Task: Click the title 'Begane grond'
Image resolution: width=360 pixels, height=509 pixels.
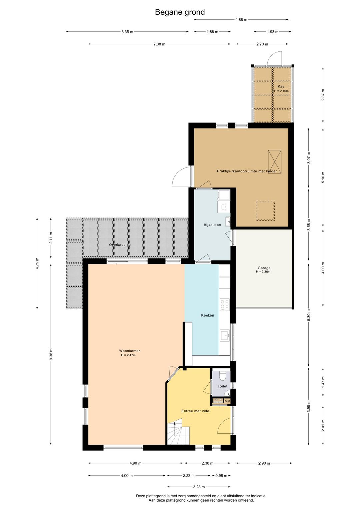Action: pos(180,12)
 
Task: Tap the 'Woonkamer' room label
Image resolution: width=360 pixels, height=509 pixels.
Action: pos(129,351)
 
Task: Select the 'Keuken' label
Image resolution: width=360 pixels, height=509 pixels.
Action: pos(207,315)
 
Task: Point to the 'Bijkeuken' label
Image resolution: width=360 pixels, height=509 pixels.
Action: pos(212,225)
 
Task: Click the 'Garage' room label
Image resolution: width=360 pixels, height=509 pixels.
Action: pos(264,268)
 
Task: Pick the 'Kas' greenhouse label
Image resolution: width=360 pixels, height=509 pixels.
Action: pos(281,86)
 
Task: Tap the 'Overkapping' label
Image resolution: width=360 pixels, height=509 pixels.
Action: pos(120,245)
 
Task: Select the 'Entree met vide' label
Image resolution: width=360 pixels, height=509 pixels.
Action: pos(195,411)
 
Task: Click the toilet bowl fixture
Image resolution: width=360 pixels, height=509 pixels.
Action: pos(223,375)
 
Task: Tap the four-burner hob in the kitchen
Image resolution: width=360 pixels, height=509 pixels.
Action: pos(225,305)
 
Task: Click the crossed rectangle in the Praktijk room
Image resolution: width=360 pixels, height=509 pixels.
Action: pos(275,161)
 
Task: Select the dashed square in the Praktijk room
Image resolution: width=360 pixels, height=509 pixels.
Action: pos(265,210)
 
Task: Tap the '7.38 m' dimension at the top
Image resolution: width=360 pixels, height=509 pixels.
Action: pos(159,44)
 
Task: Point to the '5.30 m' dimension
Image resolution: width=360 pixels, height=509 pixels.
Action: pos(308,315)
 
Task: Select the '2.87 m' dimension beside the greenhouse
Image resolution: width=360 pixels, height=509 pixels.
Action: pos(323,95)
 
